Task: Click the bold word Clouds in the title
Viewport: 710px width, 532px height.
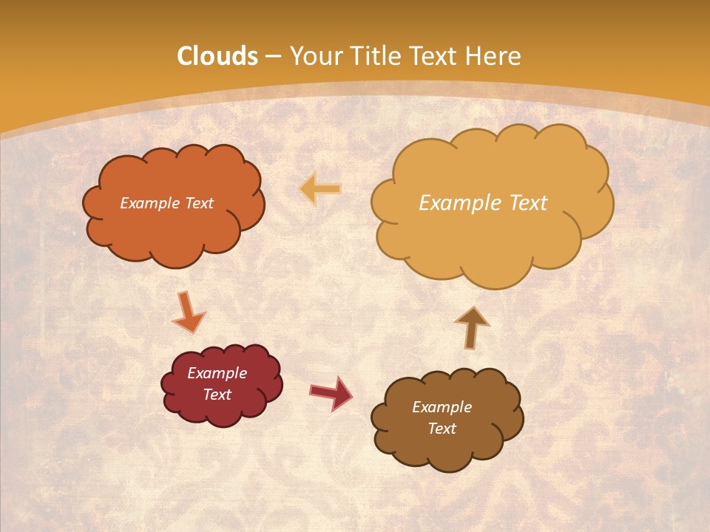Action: (217, 56)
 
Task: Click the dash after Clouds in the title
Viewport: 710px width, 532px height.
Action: (273, 57)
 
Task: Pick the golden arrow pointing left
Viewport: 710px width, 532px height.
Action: (320, 189)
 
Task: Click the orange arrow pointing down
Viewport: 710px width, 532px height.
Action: (188, 312)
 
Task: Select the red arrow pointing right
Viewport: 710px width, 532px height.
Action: (331, 393)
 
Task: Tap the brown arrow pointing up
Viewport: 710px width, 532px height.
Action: (471, 327)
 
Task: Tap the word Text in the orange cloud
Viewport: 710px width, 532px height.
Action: (199, 203)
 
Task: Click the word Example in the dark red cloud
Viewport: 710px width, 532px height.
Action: (217, 373)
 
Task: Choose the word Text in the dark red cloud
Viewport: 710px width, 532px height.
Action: (217, 395)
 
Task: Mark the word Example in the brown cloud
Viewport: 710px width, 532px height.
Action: (442, 407)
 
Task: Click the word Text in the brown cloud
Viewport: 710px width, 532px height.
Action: (442, 429)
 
